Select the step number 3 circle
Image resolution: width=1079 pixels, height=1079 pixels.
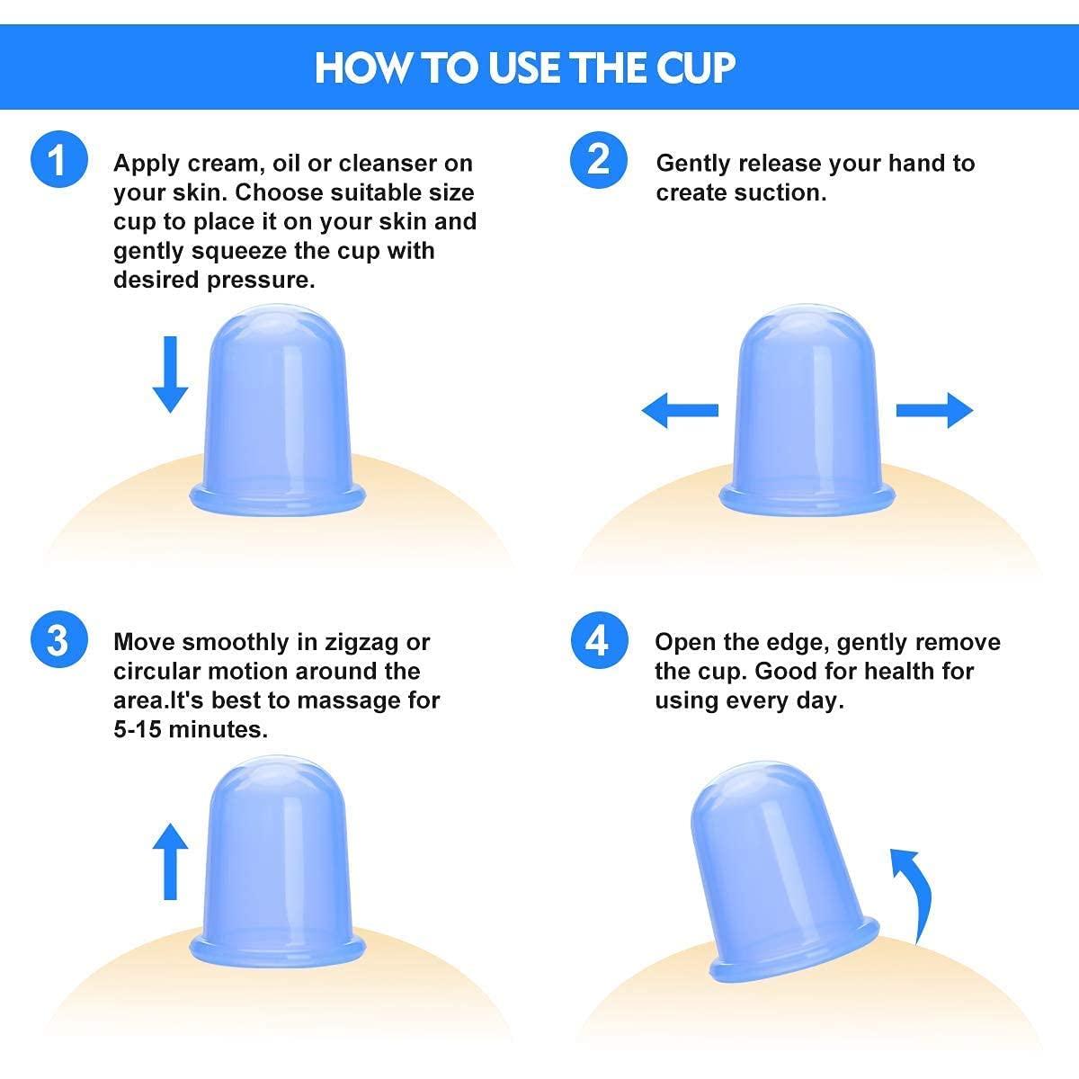(x=58, y=642)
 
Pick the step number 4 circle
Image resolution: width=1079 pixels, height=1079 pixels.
(x=598, y=642)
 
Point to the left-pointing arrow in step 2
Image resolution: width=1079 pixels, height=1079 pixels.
(x=679, y=411)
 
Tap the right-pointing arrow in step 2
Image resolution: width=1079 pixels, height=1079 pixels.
(x=935, y=411)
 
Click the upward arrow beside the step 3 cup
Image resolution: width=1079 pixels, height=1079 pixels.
(x=170, y=861)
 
